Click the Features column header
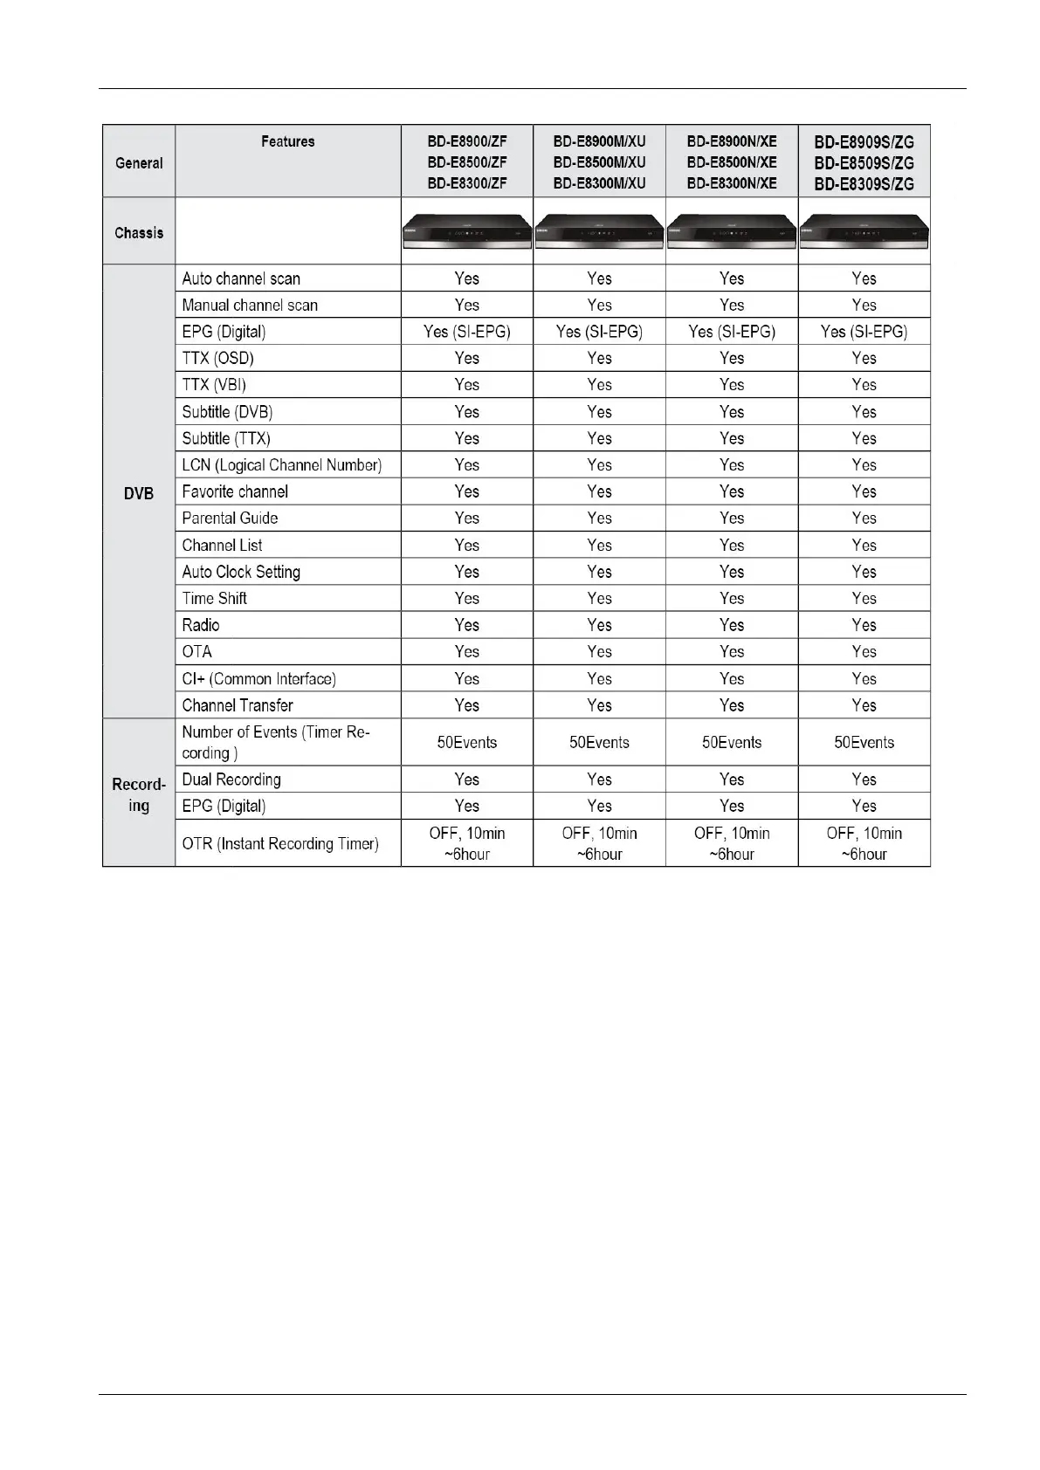coord(287,141)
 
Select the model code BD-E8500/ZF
coord(467,162)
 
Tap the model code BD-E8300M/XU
coord(599,183)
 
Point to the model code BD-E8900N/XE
coord(732,141)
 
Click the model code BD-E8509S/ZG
coord(864,163)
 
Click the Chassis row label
coord(139,233)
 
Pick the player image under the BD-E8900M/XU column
coord(599,233)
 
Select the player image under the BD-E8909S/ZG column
coord(864,233)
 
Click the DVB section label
coord(139,493)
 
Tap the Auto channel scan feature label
coord(241,278)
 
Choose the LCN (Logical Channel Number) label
coord(281,465)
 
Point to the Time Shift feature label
coord(214,599)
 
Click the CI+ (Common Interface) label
coord(258,679)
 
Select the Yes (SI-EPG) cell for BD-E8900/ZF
coord(467,332)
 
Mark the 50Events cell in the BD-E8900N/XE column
coord(732,743)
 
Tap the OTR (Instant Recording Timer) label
coord(280,844)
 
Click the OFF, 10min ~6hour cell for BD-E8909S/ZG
coord(864,844)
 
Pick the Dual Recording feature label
coord(231,780)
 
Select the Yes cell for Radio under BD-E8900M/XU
coord(599,625)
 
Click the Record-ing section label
coord(139,795)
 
